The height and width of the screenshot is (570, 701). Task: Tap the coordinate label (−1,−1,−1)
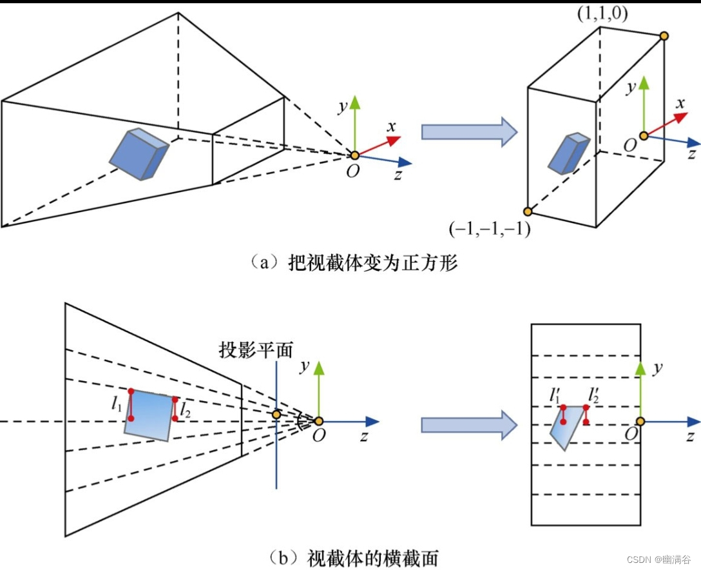(x=490, y=228)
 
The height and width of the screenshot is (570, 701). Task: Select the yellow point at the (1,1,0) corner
(x=664, y=36)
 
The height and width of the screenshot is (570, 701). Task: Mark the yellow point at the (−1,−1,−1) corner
(x=528, y=211)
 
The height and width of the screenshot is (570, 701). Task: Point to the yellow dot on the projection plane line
(x=276, y=415)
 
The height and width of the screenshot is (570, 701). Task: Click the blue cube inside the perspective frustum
(x=138, y=153)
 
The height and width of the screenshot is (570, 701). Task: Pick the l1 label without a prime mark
(x=116, y=404)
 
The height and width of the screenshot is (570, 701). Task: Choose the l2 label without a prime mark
(x=186, y=409)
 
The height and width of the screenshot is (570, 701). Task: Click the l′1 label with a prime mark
(x=555, y=395)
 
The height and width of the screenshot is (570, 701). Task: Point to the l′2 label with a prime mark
(x=594, y=395)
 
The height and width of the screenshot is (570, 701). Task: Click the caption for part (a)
(x=353, y=264)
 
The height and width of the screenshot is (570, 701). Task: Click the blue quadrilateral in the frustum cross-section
(x=149, y=416)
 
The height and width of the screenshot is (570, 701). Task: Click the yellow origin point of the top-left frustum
(x=354, y=155)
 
